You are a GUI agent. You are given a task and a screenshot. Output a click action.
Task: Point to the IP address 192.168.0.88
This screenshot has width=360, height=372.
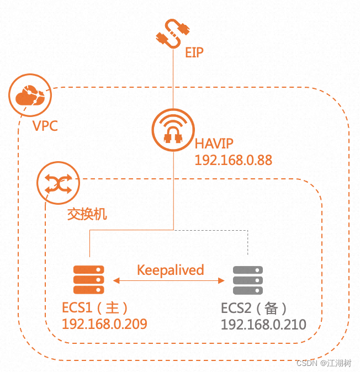point(234,160)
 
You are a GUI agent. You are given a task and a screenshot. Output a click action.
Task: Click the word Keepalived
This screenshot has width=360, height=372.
point(171,270)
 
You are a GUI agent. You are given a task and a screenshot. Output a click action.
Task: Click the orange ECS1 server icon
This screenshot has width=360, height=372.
point(88,280)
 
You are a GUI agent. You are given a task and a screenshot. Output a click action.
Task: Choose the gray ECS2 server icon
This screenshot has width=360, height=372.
point(247,280)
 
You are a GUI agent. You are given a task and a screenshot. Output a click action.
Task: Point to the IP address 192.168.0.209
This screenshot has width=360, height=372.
point(104,323)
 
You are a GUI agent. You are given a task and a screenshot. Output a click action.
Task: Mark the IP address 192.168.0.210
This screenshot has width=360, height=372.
point(263,324)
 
